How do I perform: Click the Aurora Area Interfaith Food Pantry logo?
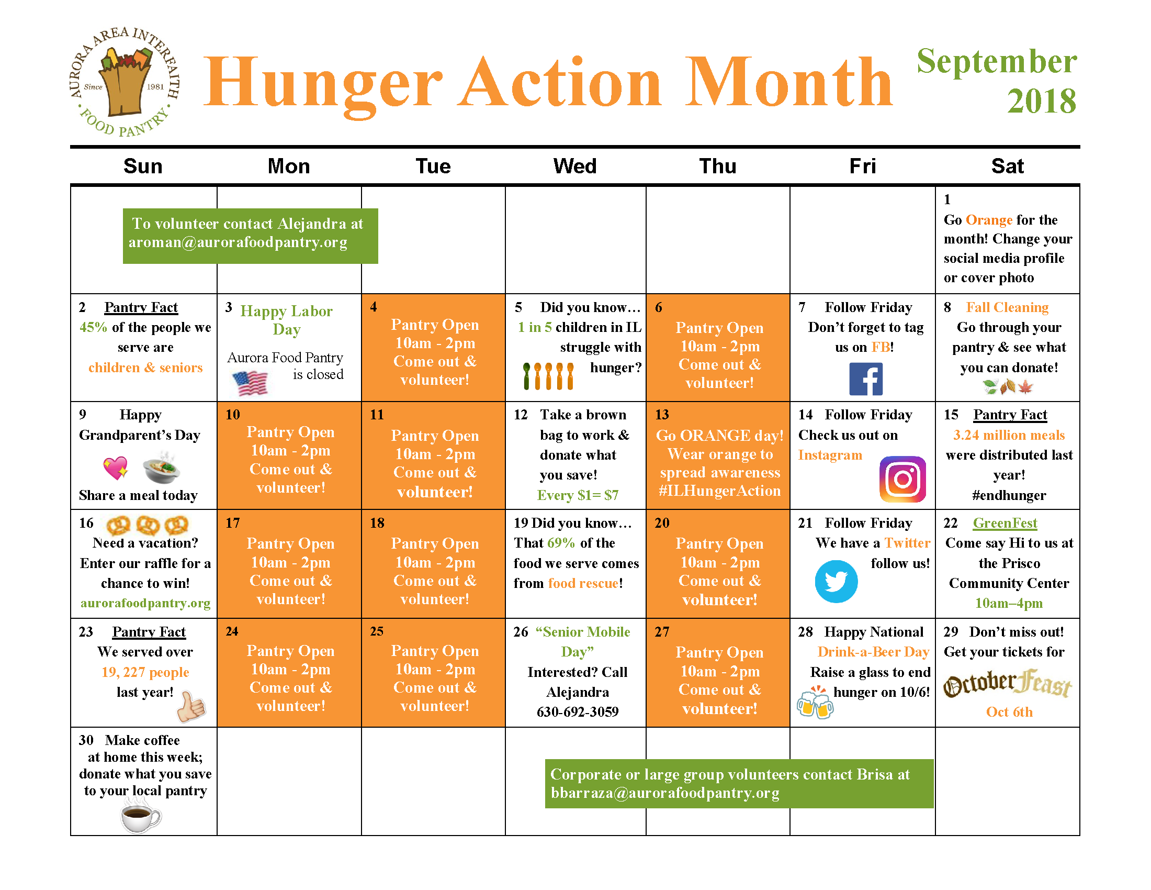pyautogui.click(x=125, y=82)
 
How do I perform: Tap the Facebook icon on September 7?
pyautogui.click(x=865, y=379)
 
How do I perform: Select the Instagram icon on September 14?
pyautogui.click(x=902, y=479)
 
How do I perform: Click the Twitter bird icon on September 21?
pyautogui.click(x=836, y=581)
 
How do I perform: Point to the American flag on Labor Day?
pyautogui.click(x=250, y=383)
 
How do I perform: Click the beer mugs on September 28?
pyautogui.click(x=815, y=702)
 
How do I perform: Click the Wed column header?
pyautogui.click(x=574, y=166)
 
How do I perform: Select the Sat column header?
pyautogui.click(x=1007, y=166)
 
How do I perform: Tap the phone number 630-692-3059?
pyautogui.click(x=577, y=712)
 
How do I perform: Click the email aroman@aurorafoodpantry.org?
pyautogui.click(x=238, y=242)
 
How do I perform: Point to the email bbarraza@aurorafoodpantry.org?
pyautogui.click(x=664, y=793)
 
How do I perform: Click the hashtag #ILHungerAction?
pyautogui.click(x=719, y=491)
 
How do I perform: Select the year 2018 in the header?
pyautogui.click(x=1041, y=101)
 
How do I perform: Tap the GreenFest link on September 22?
pyautogui.click(x=1005, y=523)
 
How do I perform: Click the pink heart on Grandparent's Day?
pyautogui.click(x=116, y=467)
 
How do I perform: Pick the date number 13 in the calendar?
pyautogui.click(x=662, y=415)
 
